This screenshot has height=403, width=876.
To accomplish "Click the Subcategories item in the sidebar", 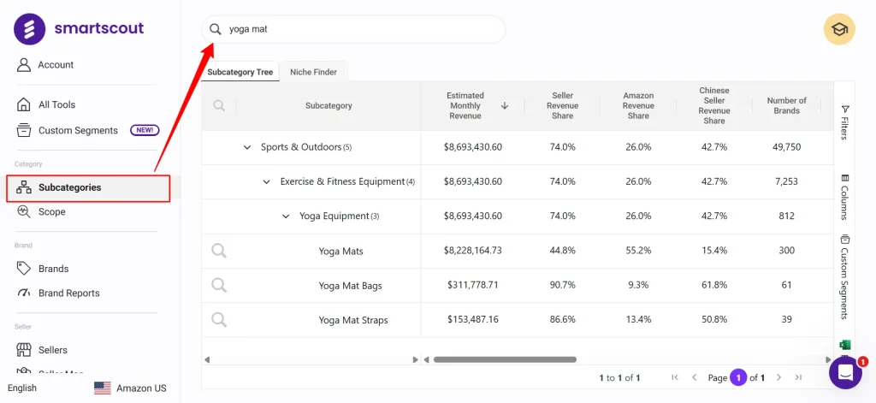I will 69,187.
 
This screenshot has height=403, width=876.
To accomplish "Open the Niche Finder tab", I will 313,72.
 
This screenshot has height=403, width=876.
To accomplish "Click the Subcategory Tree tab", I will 240,72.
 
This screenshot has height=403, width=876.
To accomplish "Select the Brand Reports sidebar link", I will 68,293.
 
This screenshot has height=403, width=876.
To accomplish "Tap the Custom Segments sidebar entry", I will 78,130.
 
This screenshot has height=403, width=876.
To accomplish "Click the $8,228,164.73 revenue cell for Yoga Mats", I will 473,251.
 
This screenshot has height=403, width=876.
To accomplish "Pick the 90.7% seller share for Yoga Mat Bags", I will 562,285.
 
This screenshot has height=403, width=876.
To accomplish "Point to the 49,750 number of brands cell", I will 785,147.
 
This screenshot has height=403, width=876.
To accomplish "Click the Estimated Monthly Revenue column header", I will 465,105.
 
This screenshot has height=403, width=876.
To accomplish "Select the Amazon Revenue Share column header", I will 638,105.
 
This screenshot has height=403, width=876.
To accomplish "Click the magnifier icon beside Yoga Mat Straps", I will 219,319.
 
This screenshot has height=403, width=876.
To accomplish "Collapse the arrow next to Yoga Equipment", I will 286,216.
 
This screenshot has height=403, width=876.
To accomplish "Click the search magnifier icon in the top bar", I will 216,29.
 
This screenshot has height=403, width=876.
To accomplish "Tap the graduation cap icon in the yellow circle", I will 839,29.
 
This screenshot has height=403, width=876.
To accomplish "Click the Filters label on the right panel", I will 844,122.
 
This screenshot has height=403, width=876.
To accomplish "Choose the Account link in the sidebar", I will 56,65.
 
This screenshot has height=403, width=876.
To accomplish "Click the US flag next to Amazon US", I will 103,388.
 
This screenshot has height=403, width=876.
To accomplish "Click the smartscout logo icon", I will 30,29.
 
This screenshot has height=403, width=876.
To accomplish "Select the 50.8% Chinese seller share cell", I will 713,320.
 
